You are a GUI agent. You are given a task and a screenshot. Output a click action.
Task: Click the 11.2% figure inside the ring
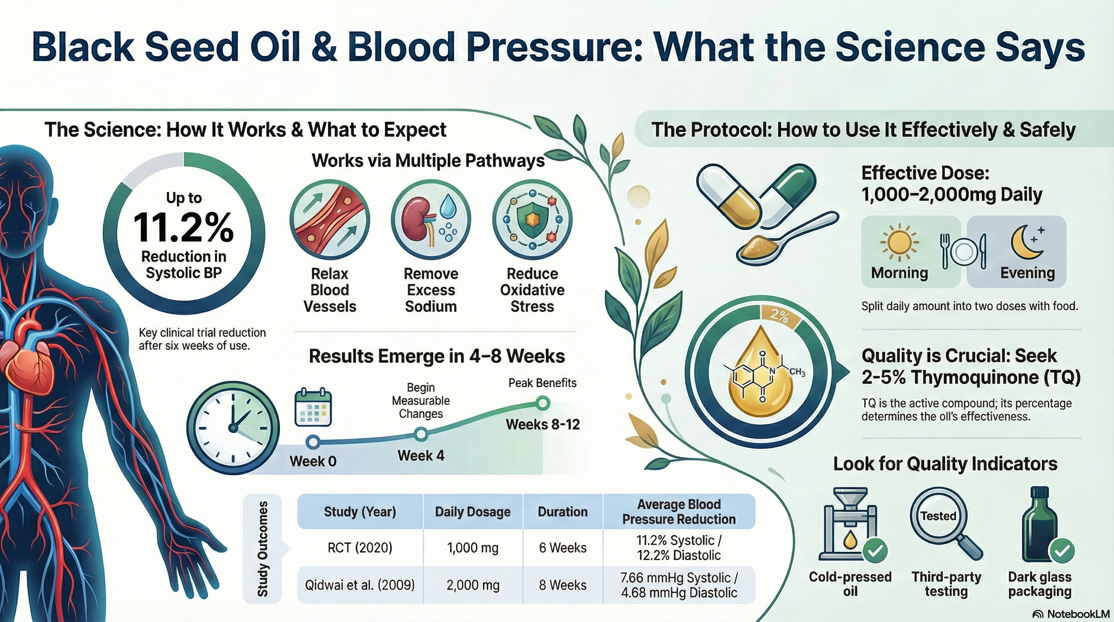coord(183,227)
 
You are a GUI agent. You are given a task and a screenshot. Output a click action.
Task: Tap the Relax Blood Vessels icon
coord(330,220)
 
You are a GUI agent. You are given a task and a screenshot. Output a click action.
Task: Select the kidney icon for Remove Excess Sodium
coord(431,220)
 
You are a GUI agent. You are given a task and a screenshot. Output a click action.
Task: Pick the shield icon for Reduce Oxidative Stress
coord(532,220)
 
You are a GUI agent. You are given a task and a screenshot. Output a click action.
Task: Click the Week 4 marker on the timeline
coord(421,434)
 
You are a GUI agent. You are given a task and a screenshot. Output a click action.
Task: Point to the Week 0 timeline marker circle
coord(313,442)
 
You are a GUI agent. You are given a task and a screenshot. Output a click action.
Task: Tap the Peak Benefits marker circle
coord(542,404)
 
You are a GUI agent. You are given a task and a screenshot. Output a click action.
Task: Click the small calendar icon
coord(313,407)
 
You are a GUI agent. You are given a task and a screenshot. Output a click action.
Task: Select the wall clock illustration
coord(233,428)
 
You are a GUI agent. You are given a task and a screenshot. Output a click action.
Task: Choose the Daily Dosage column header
coord(472,512)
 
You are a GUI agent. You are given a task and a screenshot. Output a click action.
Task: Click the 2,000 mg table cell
coord(473,585)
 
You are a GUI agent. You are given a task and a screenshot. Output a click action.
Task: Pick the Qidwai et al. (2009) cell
coord(360,585)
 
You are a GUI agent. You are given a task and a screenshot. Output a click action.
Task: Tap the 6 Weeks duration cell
coord(562,548)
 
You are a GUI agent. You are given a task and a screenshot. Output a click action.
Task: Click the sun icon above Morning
coord(899,243)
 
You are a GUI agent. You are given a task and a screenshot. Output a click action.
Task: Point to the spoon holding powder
coord(778,242)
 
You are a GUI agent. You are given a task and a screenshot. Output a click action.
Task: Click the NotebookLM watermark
coord(1070,614)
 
